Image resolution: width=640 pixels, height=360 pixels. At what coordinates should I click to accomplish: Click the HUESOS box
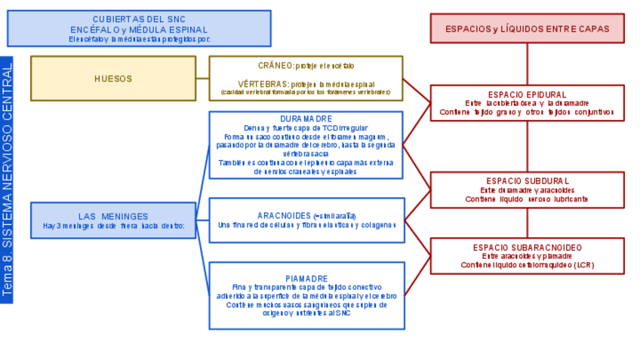(x=113, y=78)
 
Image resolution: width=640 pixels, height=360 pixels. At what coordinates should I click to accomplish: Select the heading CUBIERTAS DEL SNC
(x=139, y=19)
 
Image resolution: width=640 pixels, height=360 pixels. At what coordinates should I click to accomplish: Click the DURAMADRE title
(x=306, y=119)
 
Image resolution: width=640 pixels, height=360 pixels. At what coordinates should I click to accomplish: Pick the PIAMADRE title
(x=306, y=278)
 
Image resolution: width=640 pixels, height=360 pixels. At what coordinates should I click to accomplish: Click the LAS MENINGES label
(x=113, y=216)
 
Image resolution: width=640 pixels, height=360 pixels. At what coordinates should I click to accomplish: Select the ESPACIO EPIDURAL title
(x=527, y=94)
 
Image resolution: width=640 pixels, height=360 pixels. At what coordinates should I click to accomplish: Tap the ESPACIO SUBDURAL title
(x=527, y=181)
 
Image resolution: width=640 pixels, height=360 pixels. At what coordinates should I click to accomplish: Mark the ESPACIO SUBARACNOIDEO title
(x=527, y=247)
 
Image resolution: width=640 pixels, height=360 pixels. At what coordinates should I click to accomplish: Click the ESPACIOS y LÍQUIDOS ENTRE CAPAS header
(x=527, y=29)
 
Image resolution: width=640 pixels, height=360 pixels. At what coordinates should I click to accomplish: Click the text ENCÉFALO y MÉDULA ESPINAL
(x=139, y=29)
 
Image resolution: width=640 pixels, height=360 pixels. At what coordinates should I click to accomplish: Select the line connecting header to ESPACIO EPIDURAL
(x=527, y=64)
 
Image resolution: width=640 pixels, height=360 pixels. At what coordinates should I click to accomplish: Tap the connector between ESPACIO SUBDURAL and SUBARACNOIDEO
(x=527, y=223)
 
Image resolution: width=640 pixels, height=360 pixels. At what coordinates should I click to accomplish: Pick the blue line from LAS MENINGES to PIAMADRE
(x=203, y=260)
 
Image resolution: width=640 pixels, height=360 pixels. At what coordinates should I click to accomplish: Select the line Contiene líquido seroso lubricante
(x=527, y=199)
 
